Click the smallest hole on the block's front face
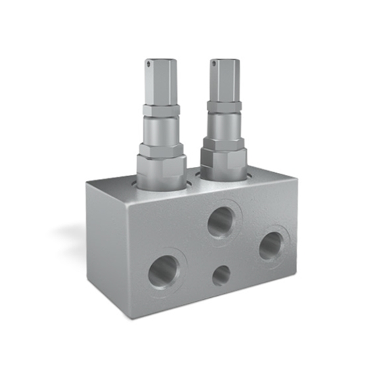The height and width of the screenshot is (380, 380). coord(222,275)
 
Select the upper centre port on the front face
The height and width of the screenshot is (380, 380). coord(221,223)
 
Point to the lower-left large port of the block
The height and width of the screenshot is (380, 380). coord(163,270)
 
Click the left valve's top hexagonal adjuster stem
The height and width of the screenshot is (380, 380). coord(160,82)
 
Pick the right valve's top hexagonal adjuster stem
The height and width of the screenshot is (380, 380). coord(224,79)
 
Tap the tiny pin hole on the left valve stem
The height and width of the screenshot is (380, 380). coord(151,64)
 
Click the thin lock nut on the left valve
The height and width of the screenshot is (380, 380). coord(161,110)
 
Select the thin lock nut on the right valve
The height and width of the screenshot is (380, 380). coord(224,105)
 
